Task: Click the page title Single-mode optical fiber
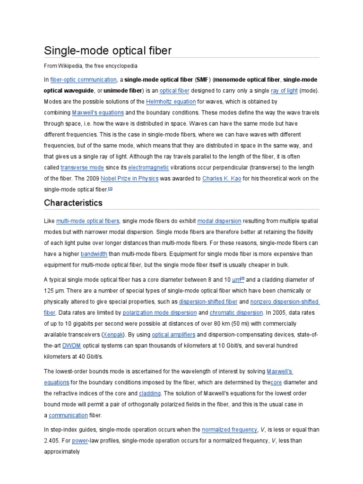point(108,51)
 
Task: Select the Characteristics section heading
point(73,203)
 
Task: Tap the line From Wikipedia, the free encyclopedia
point(91,66)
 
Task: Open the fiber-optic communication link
point(83,80)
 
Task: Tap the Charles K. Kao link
point(222,179)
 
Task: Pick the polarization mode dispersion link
point(159,312)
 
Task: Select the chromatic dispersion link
point(236,312)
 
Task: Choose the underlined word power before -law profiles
point(80,441)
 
